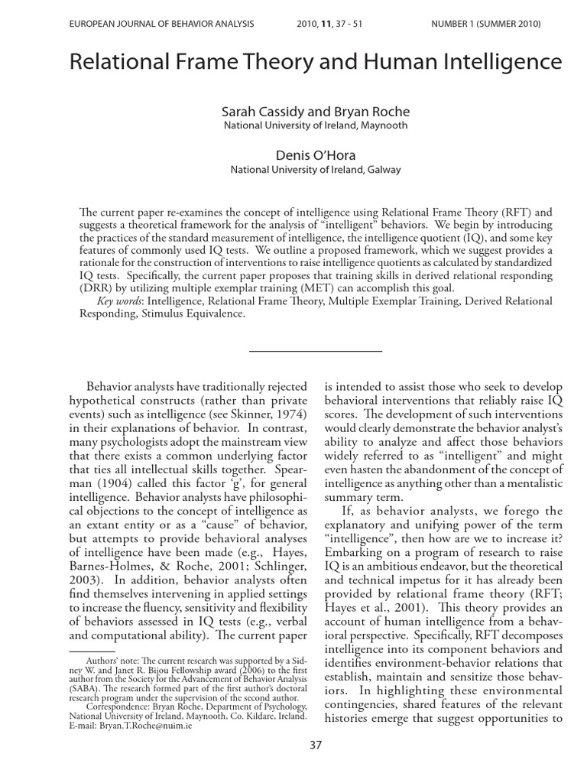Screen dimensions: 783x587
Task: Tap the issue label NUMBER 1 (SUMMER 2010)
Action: pyautogui.click(x=485, y=24)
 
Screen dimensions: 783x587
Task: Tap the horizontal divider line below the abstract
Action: pyautogui.click(x=316, y=351)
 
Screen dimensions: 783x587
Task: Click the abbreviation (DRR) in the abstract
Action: pyautogui.click(x=96, y=289)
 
